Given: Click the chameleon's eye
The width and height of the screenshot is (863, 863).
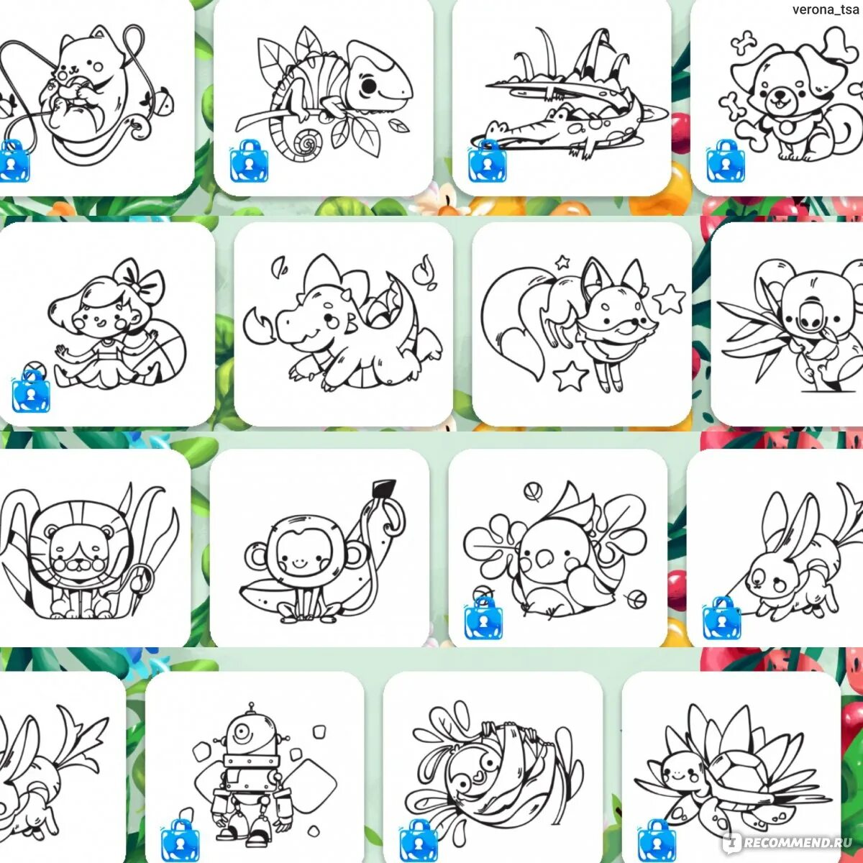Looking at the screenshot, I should (369, 86).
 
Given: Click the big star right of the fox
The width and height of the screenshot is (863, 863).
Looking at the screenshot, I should (669, 299).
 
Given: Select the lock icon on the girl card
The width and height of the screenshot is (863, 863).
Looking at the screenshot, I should (31, 392).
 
